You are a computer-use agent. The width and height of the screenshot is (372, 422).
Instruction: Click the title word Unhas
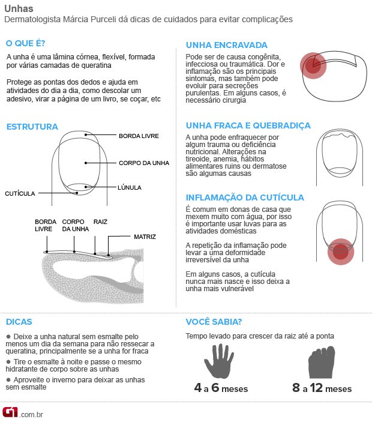click(19, 8)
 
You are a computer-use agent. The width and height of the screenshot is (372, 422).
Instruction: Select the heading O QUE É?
click(25, 44)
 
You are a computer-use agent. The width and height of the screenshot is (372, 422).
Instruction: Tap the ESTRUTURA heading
click(32, 127)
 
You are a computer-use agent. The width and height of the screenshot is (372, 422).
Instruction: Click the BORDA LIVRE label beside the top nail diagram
click(139, 136)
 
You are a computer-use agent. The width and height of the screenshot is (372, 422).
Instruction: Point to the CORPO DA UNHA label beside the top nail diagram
click(144, 163)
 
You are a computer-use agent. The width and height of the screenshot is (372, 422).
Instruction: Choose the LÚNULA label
click(130, 188)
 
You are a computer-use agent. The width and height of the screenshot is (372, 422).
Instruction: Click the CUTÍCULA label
click(20, 194)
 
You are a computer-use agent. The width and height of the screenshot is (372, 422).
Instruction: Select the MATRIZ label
click(145, 237)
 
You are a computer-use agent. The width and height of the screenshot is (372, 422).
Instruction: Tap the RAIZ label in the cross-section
click(100, 222)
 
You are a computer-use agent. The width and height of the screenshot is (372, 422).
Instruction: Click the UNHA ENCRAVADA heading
click(227, 45)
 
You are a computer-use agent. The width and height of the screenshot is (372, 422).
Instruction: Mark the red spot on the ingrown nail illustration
click(313, 66)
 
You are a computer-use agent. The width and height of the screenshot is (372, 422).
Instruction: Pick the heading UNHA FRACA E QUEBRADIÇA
click(248, 125)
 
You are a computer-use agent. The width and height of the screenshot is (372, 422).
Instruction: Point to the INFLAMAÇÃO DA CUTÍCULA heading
click(245, 197)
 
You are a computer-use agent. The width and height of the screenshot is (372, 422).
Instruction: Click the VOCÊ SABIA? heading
click(214, 322)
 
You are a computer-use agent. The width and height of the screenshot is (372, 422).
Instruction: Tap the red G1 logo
click(10, 412)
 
